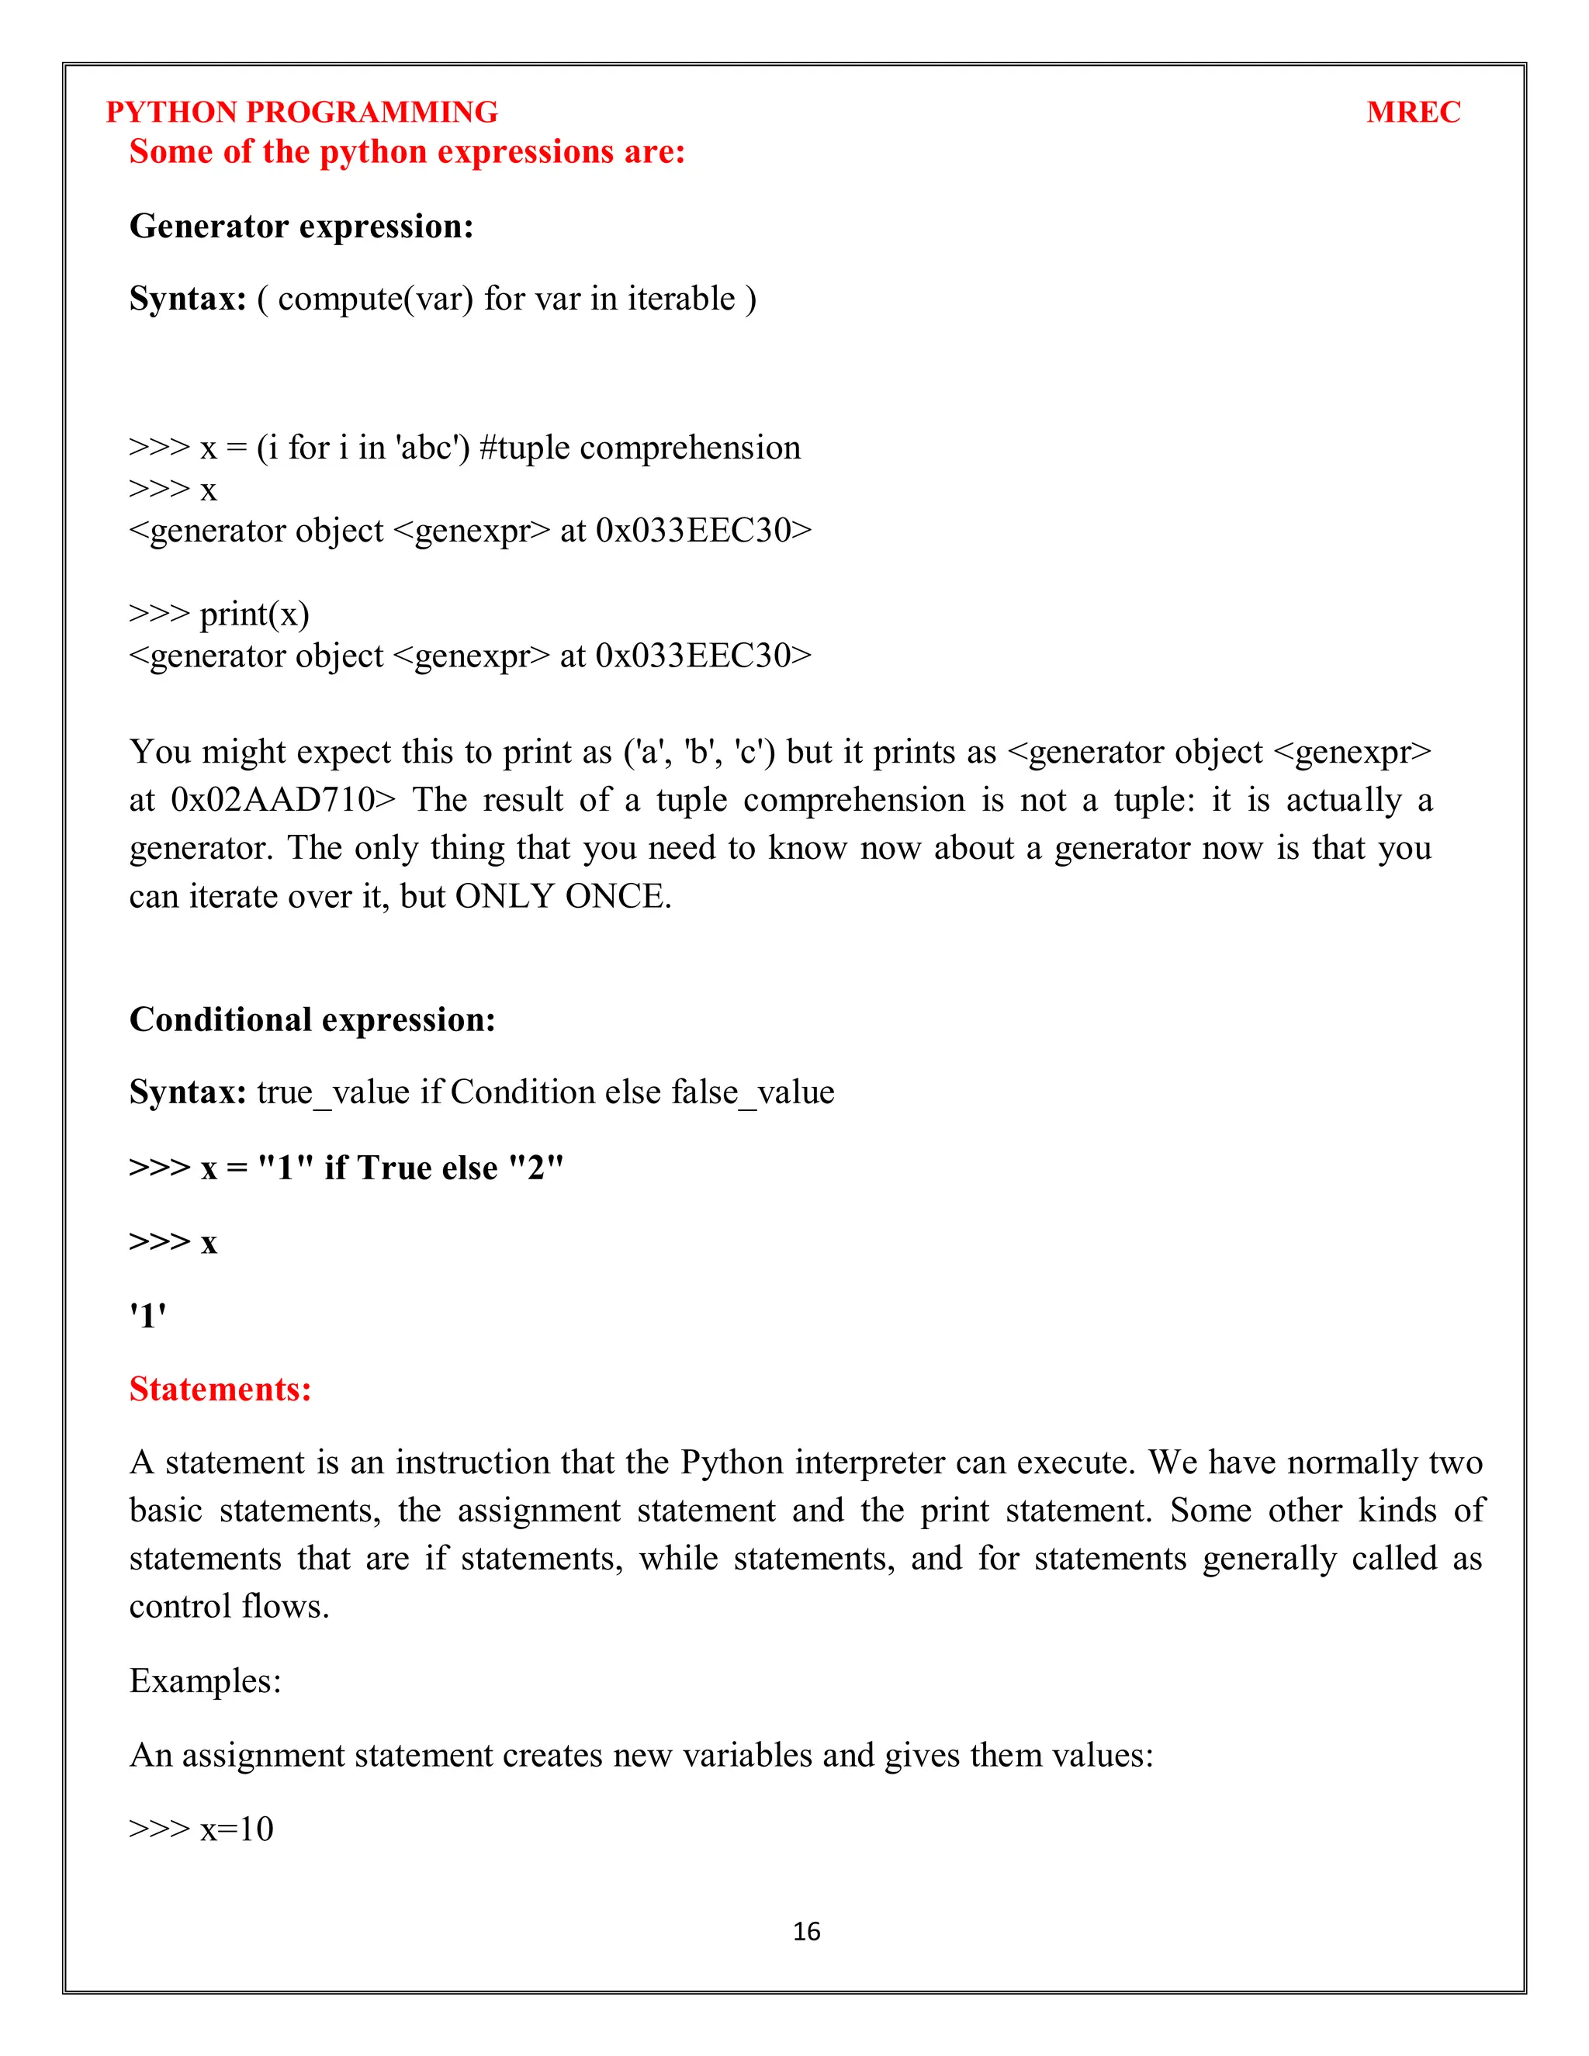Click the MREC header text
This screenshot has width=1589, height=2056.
pos(1413,112)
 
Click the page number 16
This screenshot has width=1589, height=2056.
pos(807,1931)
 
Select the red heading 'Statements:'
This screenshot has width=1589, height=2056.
pos(220,1389)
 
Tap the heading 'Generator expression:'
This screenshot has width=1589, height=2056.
pos(301,226)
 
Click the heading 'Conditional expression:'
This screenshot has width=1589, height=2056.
pos(313,1019)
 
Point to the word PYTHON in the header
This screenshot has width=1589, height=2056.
pos(171,112)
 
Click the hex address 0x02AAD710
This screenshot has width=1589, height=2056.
pos(273,800)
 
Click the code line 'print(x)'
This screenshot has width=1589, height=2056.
pos(254,614)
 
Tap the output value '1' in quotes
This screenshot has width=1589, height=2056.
pos(147,1315)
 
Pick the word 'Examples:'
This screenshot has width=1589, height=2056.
pos(205,1680)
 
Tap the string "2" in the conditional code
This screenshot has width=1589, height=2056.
pos(535,1168)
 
